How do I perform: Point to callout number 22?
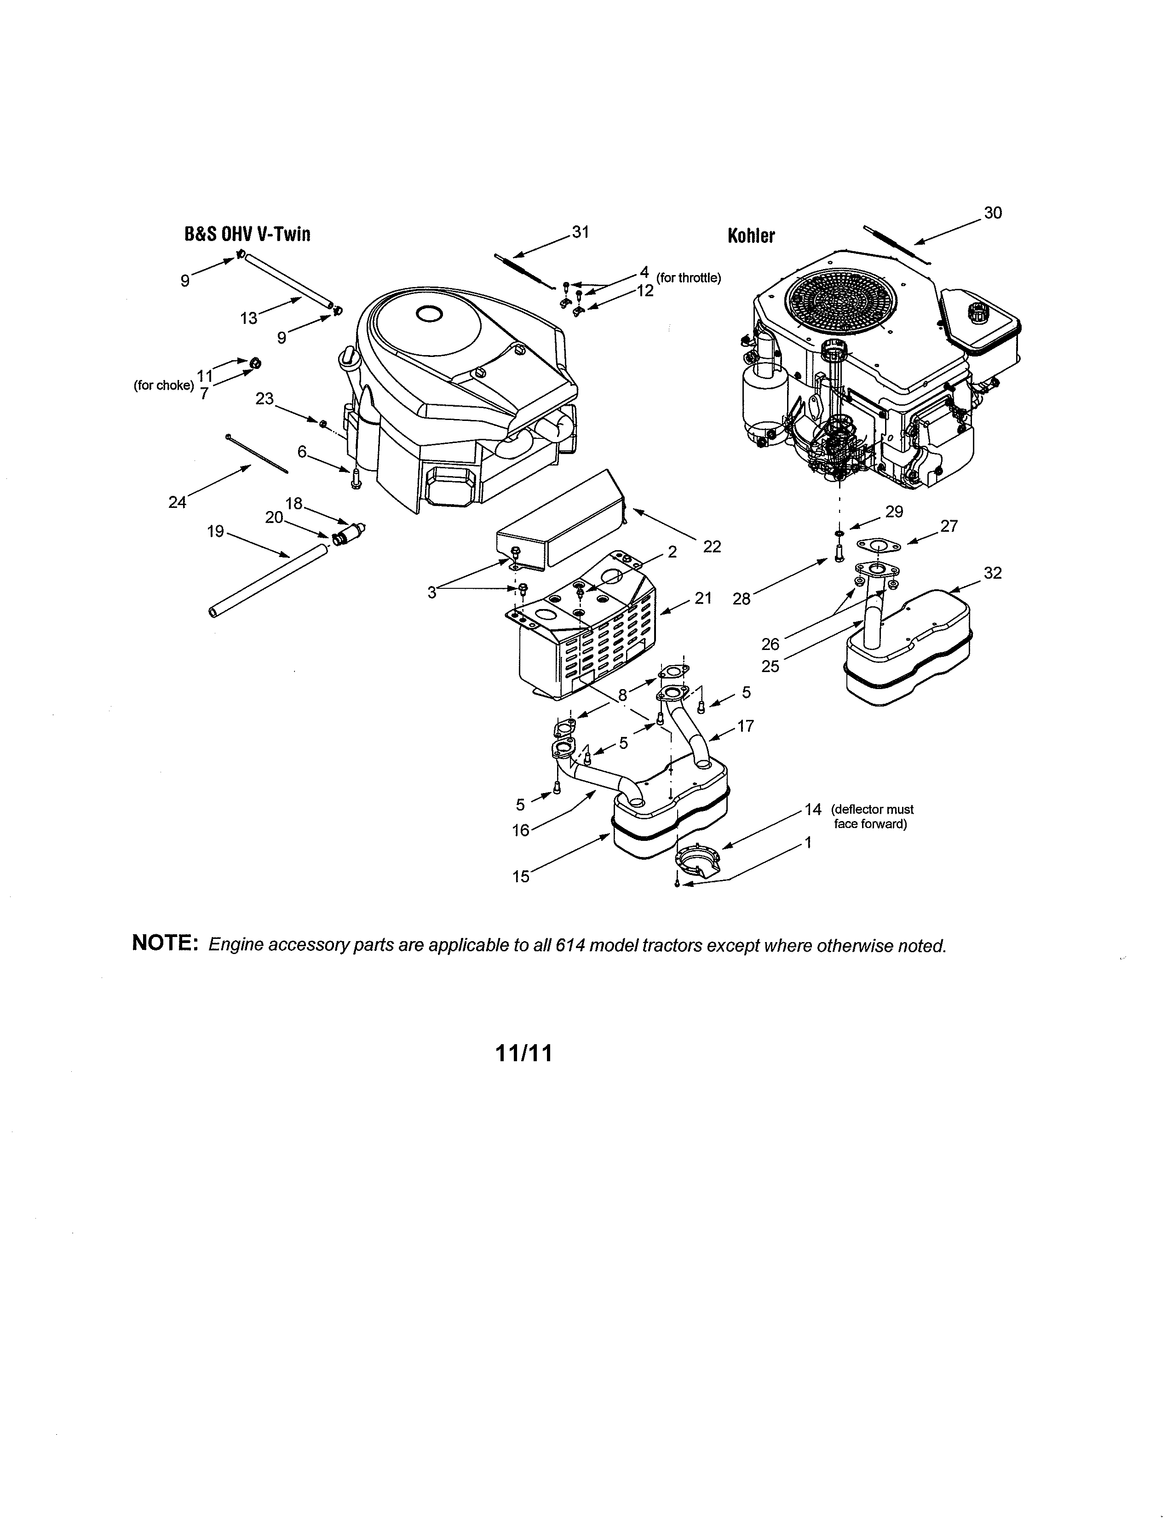tap(712, 546)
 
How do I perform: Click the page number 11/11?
tap(524, 1054)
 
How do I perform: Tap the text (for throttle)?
tap(688, 278)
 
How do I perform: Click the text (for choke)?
tap(163, 385)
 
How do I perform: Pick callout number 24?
tap(177, 502)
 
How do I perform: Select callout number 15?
tap(520, 876)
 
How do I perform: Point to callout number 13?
tap(248, 318)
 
